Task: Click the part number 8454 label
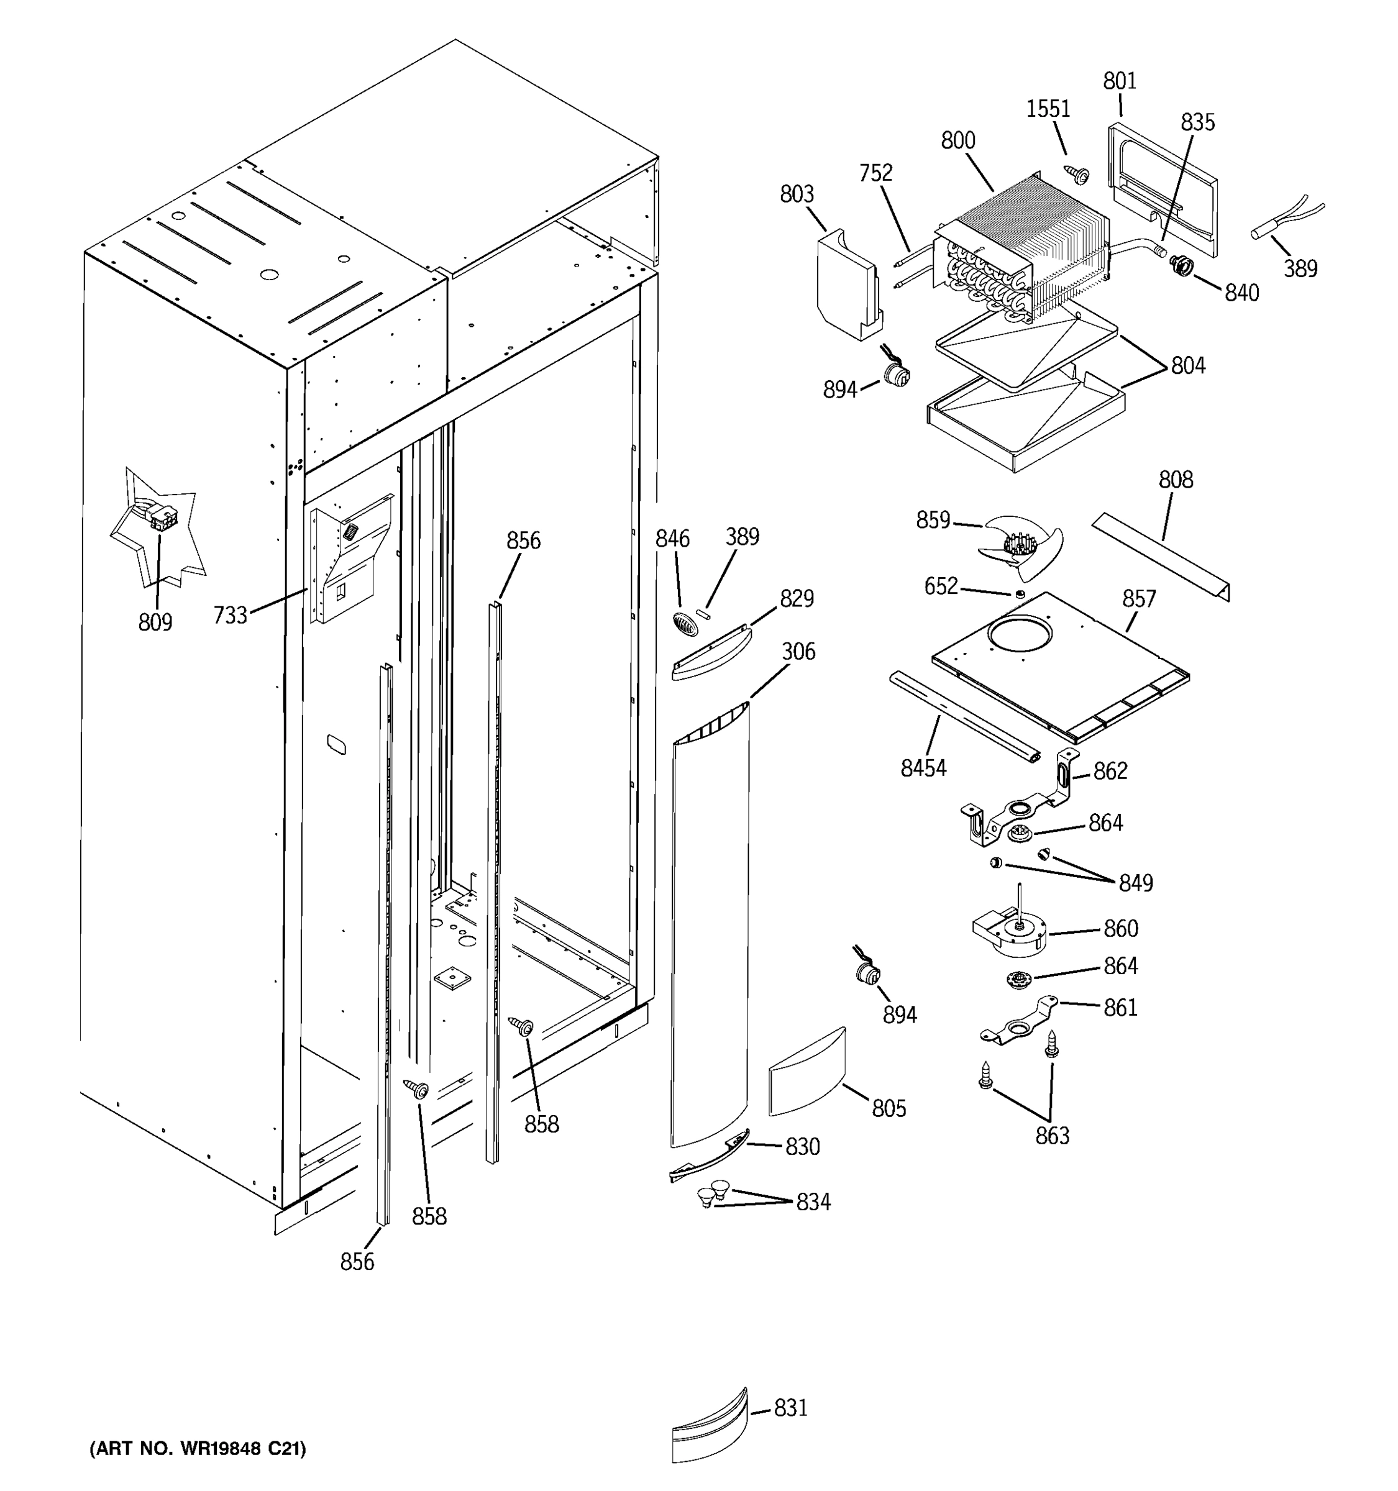click(923, 768)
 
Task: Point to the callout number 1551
click(1048, 109)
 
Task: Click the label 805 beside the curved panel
click(888, 1108)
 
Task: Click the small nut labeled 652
click(1019, 594)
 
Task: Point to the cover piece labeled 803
click(847, 285)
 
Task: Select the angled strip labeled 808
click(1159, 555)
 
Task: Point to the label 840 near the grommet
click(1241, 293)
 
